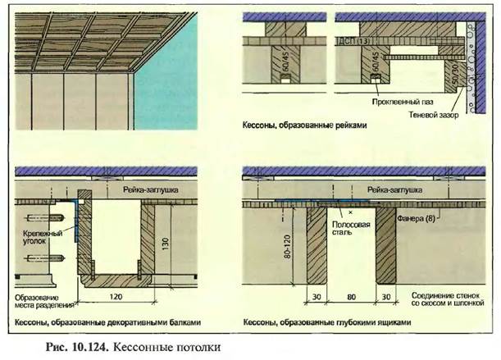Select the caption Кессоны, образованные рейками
click(x=303, y=127)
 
